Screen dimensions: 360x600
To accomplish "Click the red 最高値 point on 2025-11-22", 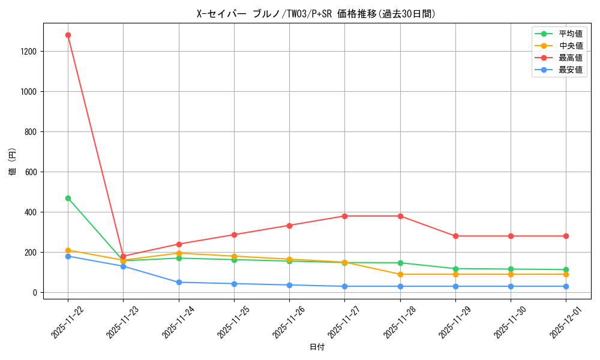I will coord(68,35).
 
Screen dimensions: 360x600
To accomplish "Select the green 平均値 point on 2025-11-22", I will coord(68,198).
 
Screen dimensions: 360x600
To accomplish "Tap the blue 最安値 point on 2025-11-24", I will coord(179,282).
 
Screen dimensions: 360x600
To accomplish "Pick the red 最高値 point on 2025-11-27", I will coord(345,216).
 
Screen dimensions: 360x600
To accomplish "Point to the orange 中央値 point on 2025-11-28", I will coord(400,274).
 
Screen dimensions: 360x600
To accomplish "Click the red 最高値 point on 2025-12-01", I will coord(566,236).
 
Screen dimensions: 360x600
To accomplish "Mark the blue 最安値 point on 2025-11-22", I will coord(68,256).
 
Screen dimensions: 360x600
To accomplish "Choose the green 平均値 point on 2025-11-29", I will coord(455,269).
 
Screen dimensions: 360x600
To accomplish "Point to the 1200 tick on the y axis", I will coord(29,52).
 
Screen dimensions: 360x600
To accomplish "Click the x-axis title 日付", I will coord(317,347).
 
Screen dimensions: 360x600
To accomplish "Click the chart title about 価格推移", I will coord(317,14).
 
